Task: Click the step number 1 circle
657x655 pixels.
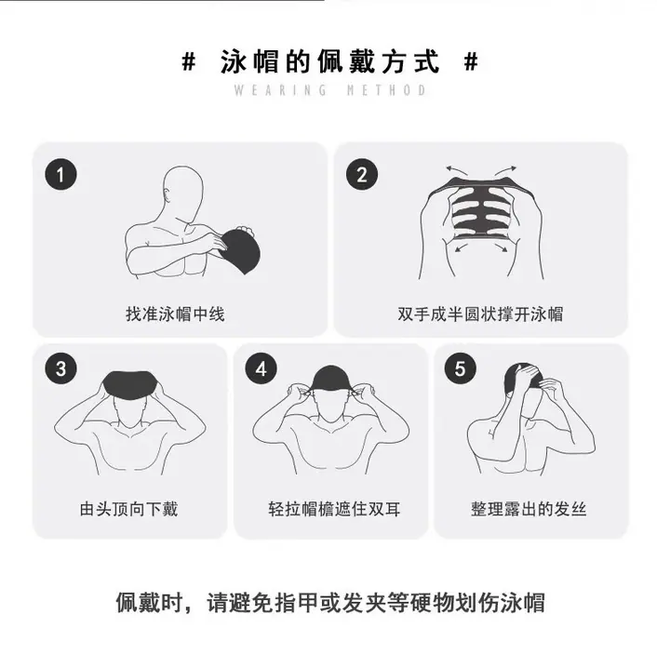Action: pos(60,174)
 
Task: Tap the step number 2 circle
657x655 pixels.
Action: pos(362,174)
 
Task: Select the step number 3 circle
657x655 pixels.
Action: pos(60,368)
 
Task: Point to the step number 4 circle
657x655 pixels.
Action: pos(261,368)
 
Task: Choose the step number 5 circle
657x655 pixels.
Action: pos(460,368)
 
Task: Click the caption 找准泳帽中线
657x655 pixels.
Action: pos(175,314)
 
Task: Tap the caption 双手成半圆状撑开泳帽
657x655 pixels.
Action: pos(480,314)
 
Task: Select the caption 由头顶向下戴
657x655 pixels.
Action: pos(128,509)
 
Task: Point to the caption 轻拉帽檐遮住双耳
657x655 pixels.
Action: pos(334,509)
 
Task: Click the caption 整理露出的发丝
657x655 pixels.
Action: pos(529,509)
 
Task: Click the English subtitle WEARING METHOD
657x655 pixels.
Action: pos(329,90)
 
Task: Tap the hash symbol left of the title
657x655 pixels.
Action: pos(189,62)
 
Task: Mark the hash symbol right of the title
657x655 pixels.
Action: pos(471,62)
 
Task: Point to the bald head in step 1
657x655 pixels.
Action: pos(183,192)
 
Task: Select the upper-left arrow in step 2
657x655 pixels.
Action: pos(456,169)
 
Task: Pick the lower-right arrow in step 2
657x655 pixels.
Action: pos(501,247)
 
